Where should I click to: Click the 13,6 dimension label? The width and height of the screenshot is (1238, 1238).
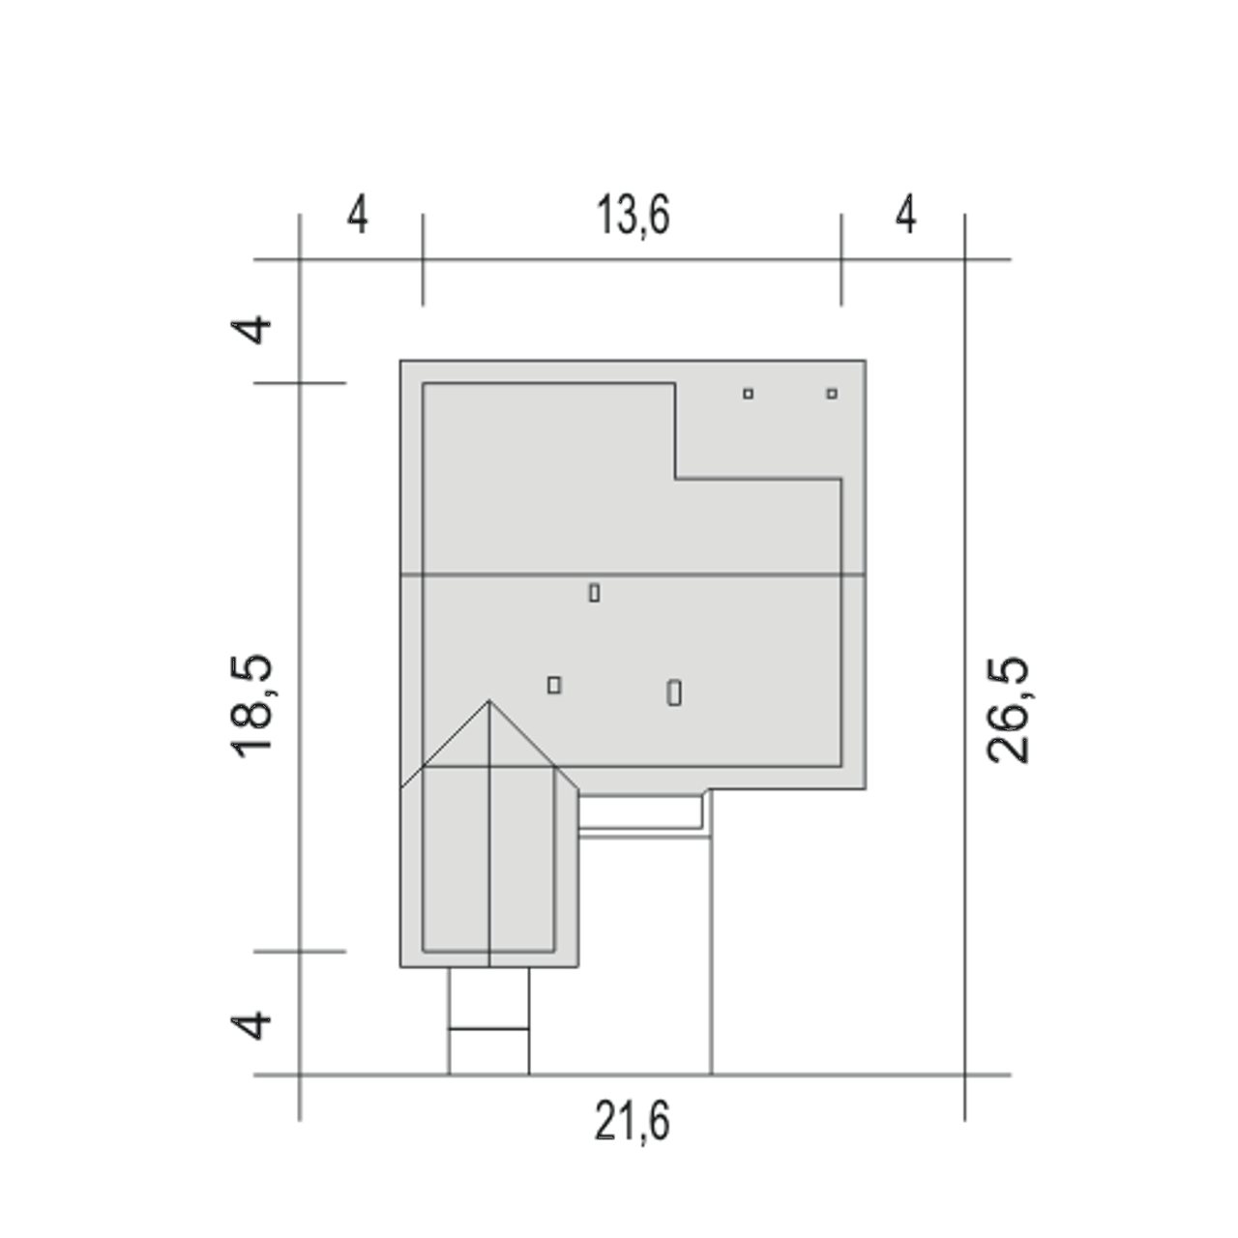tap(633, 216)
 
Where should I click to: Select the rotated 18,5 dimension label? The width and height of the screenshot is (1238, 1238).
tap(251, 706)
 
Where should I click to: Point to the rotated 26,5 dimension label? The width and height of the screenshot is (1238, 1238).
tap(1008, 710)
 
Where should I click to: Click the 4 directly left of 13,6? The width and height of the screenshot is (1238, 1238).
tap(358, 215)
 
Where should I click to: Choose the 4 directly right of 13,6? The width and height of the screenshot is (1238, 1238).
tap(906, 215)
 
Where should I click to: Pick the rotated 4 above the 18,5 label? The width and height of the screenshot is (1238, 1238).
tap(251, 330)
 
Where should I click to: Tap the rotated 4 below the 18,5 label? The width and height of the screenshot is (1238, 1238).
tap(251, 1026)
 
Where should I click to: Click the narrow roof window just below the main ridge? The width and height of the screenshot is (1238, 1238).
tap(594, 592)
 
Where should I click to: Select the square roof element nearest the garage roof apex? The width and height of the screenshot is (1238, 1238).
tap(554, 686)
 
